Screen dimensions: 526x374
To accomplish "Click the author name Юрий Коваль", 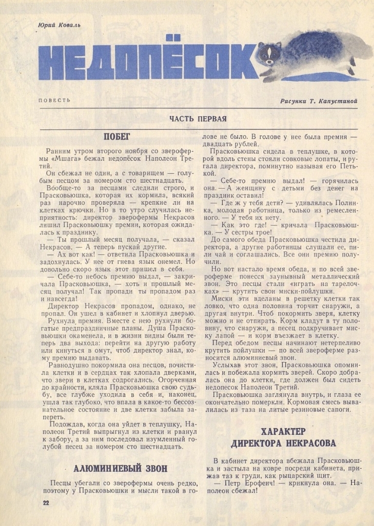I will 59,25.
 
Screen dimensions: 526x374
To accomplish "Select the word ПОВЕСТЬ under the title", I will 54,100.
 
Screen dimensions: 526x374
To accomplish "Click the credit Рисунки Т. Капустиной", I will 319,101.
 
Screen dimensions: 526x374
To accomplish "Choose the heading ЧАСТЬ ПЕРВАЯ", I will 198,119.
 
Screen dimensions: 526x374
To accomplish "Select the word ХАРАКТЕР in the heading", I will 284,431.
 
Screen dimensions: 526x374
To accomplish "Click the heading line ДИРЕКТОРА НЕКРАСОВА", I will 284,443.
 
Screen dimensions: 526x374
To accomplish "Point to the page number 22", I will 46,503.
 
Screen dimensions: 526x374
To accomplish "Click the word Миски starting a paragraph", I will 221,303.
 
